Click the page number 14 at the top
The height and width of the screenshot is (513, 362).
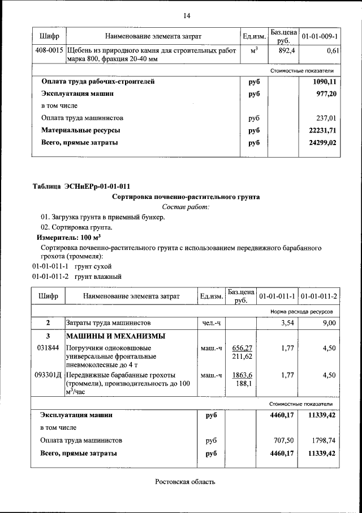[186, 15]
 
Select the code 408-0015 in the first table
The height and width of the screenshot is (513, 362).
[48, 51]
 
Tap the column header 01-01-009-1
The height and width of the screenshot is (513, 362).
[320, 37]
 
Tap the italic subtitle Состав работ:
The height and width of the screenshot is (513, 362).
[186, 207]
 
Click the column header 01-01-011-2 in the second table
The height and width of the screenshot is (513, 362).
[318, 296]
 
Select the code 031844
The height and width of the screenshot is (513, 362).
[48, 348]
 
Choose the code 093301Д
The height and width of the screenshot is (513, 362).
[48, 375]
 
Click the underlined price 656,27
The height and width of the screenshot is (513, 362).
[242, 348]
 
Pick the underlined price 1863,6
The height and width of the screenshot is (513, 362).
[242, 375]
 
